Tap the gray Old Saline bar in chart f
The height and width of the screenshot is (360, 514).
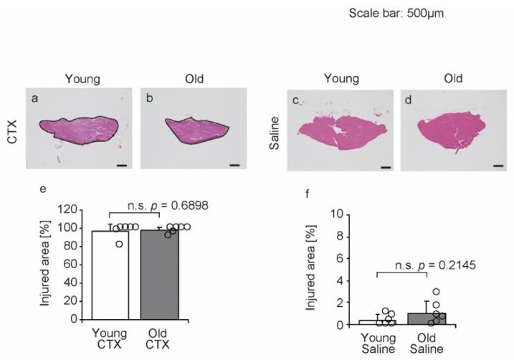coord(427,319)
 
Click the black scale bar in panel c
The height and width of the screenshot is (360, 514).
coord(384,167)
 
